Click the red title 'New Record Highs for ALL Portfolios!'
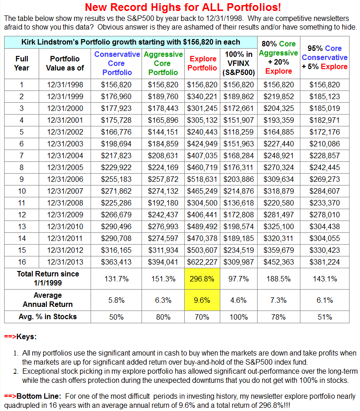point(183,7)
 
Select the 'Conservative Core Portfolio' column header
point(117,63)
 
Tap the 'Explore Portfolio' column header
point(203,63)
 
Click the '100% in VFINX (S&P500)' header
point(238,63)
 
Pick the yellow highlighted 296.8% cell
point(203,279)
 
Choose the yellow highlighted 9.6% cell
point(203,300)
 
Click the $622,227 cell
point(203,261)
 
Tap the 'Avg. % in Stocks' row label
point(48,316)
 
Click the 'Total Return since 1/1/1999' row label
point(48,278)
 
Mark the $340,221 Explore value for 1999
point(203,96)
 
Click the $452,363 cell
point(279,261)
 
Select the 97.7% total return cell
point(238,279)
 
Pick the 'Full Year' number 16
point(21,261)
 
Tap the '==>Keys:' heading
point(20,337)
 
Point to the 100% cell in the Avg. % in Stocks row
point(238,316)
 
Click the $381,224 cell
point(325,261)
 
